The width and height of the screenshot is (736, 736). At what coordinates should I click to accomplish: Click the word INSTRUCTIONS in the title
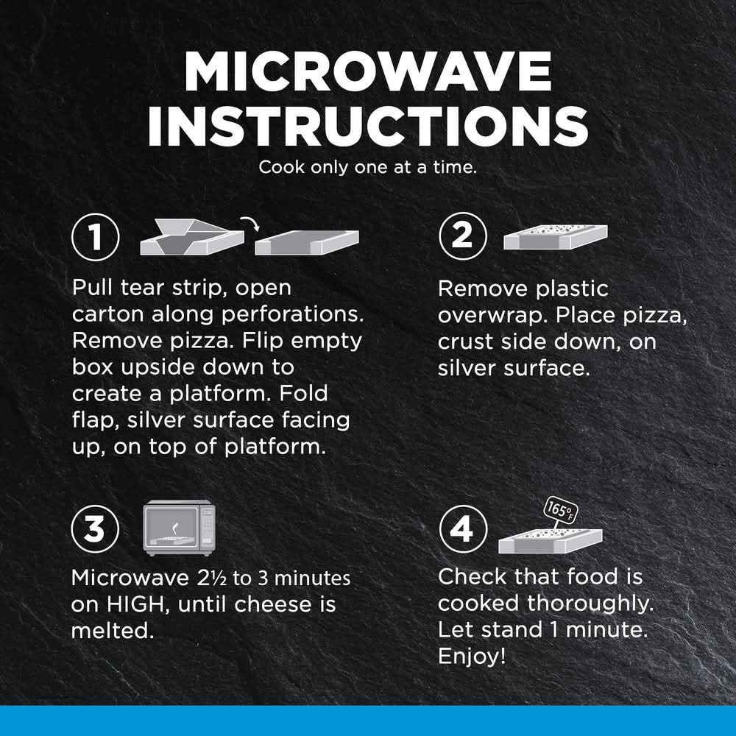[368, 125]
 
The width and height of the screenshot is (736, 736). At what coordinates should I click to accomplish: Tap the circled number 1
[96, 237]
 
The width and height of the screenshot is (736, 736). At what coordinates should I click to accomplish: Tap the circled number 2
[463, 236]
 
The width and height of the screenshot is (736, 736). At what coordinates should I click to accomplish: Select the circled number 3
[95, 529]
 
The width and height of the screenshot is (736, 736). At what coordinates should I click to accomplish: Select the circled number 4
[463, 529]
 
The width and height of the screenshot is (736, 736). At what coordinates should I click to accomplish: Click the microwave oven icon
[180, 528]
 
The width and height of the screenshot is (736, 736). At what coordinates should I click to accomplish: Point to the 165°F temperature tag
[560, 510]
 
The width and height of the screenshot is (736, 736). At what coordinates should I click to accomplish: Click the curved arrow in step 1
[250, 223]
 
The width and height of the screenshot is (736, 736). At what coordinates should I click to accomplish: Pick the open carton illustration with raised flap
[192, 237]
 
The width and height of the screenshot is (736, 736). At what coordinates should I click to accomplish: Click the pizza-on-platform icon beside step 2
[555, 237]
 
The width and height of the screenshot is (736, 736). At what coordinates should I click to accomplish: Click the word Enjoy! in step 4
[472, 657]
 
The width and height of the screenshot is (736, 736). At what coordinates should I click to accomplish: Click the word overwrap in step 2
[493, 316]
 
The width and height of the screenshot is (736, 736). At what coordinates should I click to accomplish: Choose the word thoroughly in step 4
[590, 604]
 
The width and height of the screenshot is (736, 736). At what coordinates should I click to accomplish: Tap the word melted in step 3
[113, 631]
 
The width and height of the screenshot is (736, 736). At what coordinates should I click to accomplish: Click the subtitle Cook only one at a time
[367, 167]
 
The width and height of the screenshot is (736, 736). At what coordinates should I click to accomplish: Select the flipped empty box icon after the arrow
[307, 243]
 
